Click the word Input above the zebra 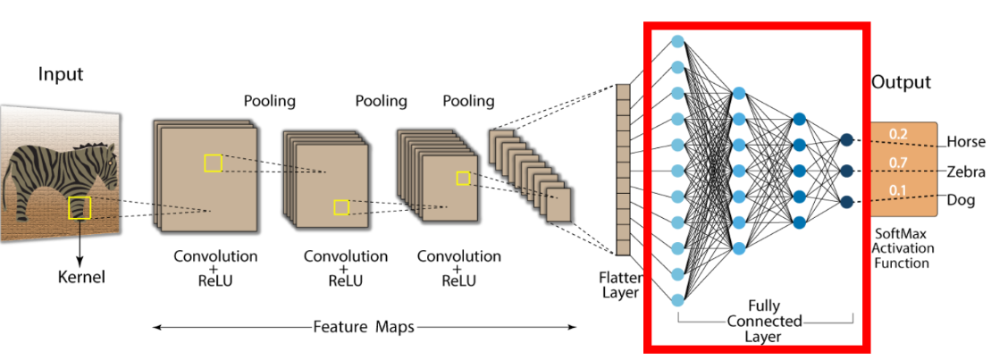(60, 74)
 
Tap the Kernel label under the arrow (80, 277)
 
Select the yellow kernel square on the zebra (80, 207)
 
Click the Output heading (901, 82)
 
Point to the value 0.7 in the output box (899, 163)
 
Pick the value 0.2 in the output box (899, 134)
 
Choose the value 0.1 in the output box (899, 191)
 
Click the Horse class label (966, 142)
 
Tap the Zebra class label (966, 172)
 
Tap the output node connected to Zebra (845, 170)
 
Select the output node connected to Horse (845, 139)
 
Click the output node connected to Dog (845, 200)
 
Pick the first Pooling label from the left (269, 101)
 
